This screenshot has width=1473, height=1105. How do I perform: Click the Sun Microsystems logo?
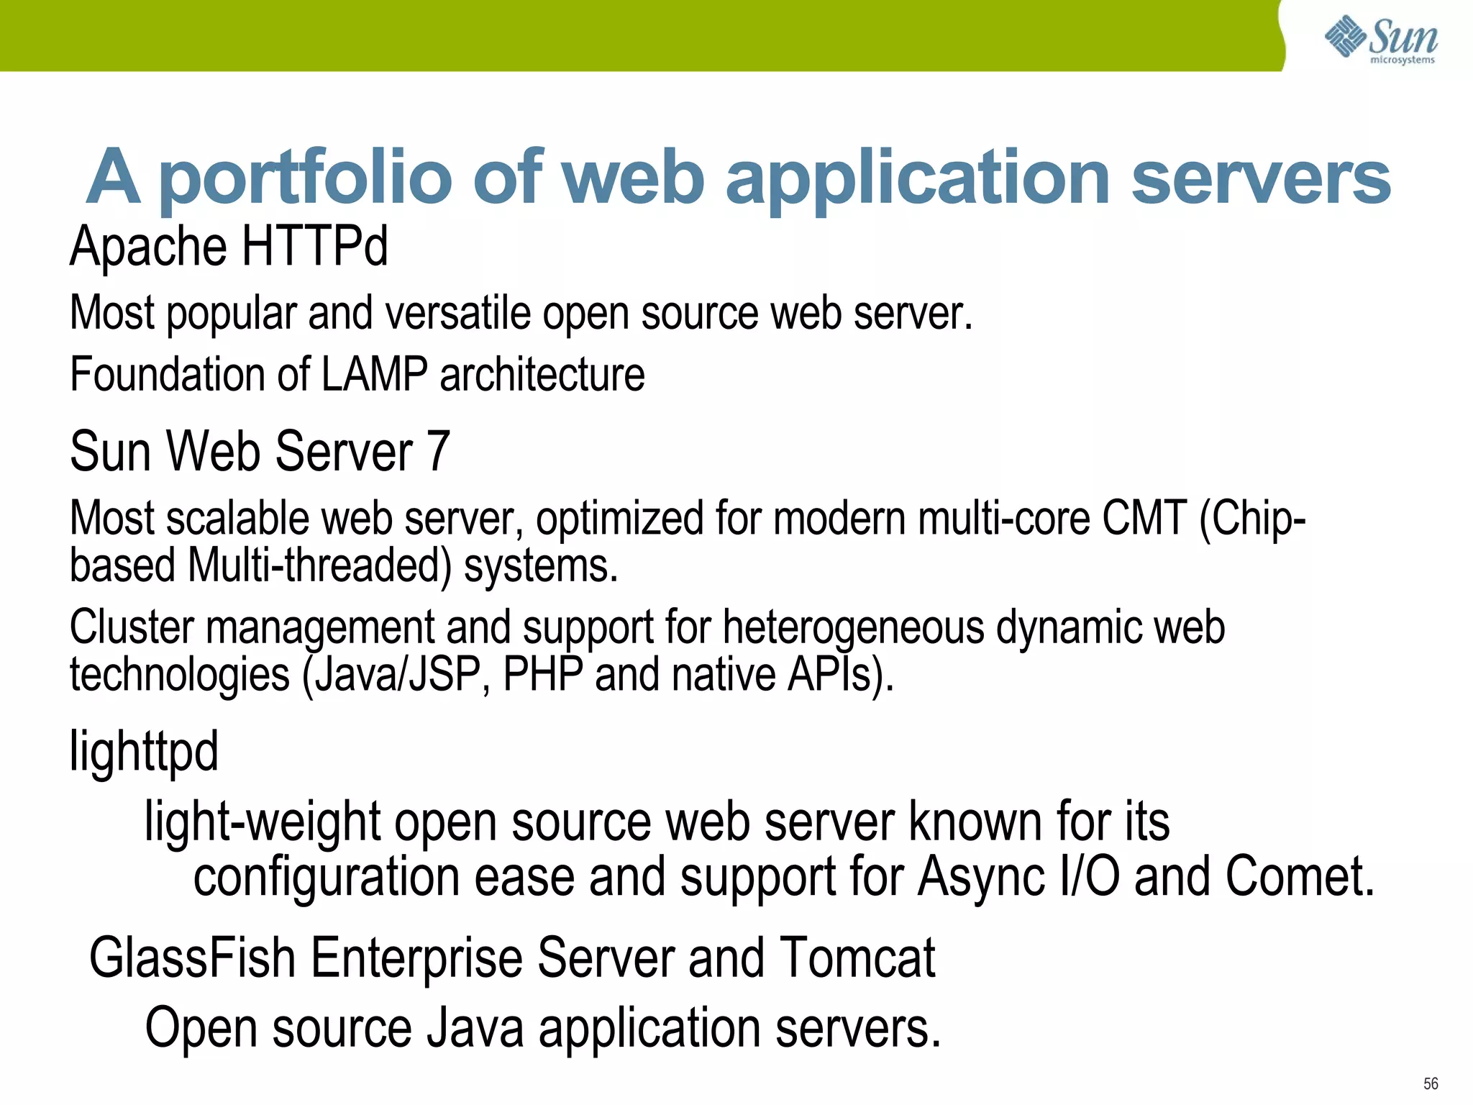click(x=1381, y=40)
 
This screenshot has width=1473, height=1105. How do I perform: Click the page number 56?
click(x=1431, y=1083)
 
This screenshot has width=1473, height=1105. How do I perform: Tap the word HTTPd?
click(x=314, y=246)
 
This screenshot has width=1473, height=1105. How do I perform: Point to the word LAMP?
click(x=373, y=375)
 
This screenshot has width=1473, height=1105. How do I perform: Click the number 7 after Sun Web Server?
click(x=438, y=452)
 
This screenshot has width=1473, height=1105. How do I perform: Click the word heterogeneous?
click(x=853, y=627)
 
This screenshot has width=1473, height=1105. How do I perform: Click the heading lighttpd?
click(x=144, y=752)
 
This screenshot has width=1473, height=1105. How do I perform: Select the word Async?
click(x=981, y=877)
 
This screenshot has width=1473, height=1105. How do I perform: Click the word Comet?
click(x=1298, y=877)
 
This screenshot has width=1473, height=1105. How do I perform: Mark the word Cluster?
click(x=132, y=627)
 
